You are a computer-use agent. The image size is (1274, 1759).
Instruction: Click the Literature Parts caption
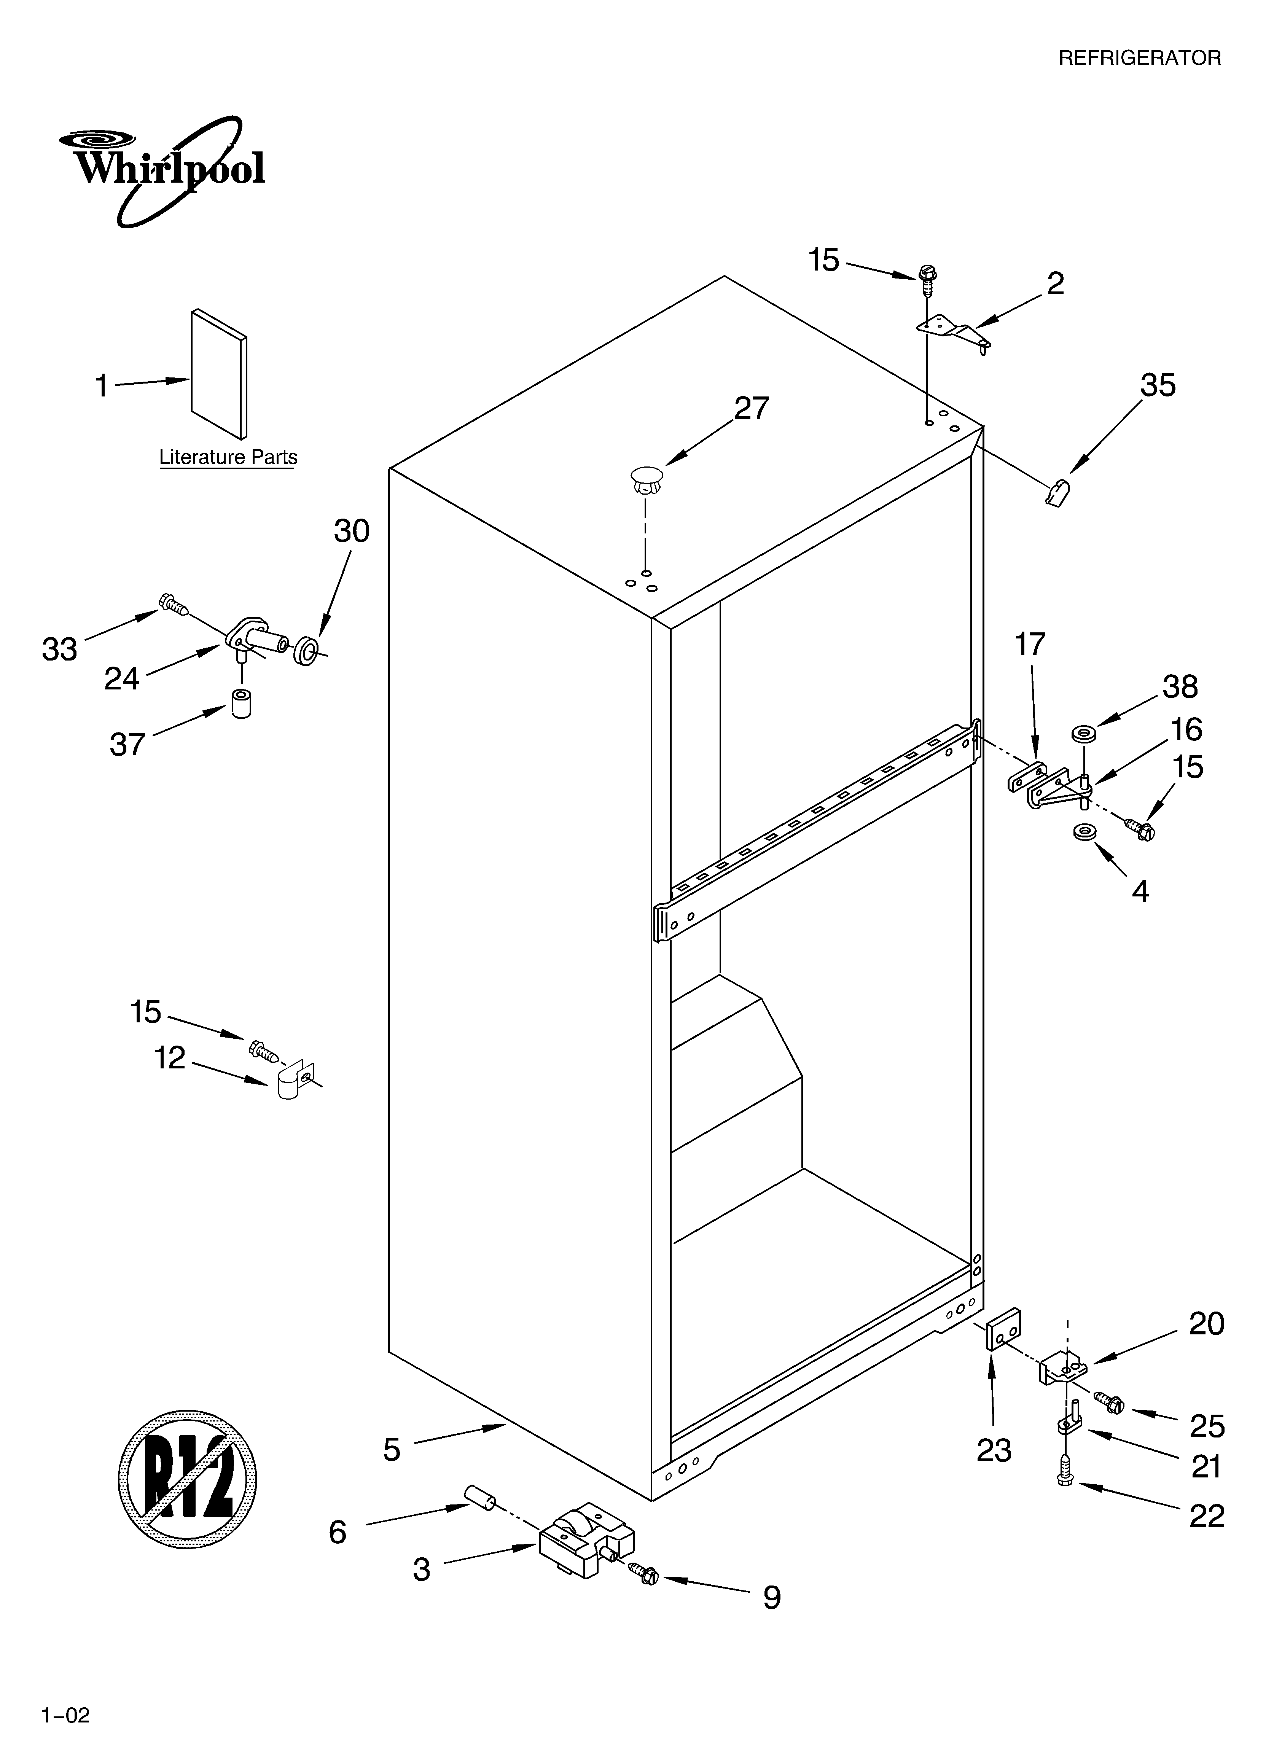[228, 458]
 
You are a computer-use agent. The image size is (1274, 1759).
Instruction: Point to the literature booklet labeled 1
[220, 374]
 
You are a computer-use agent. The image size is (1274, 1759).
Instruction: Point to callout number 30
[352, 531]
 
